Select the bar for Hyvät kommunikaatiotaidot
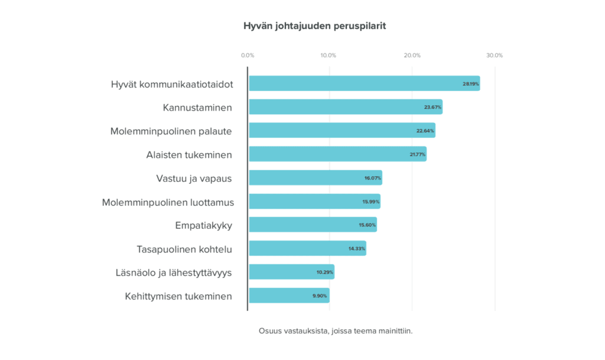(364, 83)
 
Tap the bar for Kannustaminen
(345, 107)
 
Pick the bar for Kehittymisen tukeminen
(289, 296)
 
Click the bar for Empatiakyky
(313, 225)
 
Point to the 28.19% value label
(471, 84)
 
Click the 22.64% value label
(425, 131)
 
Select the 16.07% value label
(373, 178)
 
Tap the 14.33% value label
(357, 249)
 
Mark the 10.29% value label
(325, 273)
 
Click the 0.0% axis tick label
(248, 56)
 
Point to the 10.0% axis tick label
(328, 56)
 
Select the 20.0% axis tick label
(412, 56)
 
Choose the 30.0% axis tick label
(495, 56)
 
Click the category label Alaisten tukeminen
(189, 155)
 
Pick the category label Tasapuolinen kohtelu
(184, 249)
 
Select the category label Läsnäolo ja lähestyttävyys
(174, 273)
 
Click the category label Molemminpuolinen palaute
(171, 131)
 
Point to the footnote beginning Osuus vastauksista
(336, 331)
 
